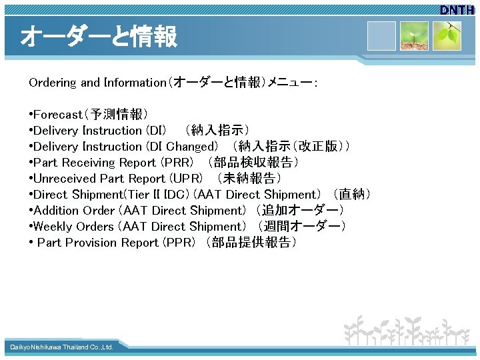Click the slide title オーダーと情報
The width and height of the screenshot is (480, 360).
click(99, 37)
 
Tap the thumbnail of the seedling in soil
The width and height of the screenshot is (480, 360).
click(414, 36)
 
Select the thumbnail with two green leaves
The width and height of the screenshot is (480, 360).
click(448, 36)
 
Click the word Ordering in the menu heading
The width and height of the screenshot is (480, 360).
click(53, 83)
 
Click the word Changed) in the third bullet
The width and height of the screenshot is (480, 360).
click(192, 147)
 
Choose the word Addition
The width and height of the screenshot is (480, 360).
click(57, 211)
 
